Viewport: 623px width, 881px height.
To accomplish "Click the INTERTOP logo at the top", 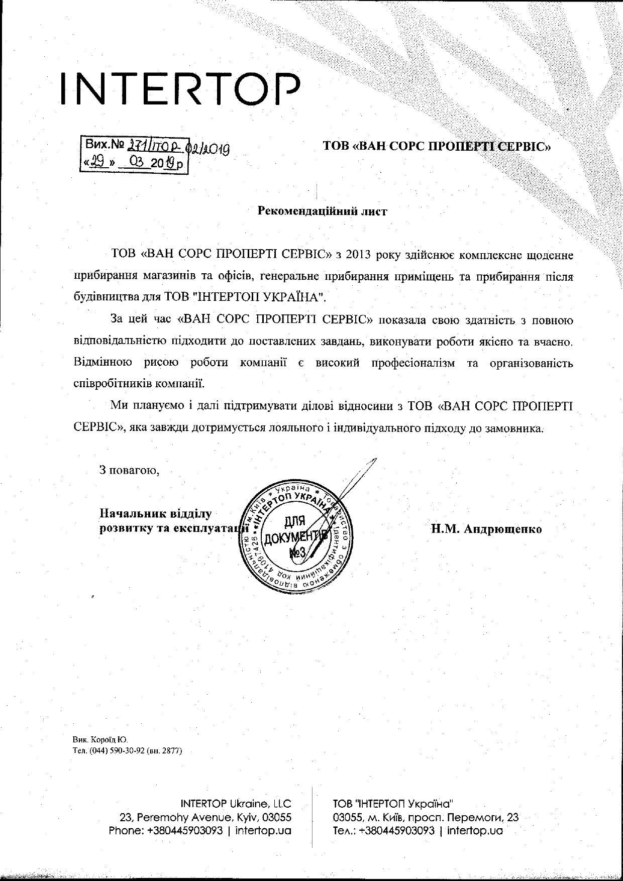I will (x=181, y=89).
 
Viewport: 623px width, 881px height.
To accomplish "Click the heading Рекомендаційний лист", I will (x=322, y=211).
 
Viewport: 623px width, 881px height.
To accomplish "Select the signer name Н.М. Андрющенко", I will (x=486, y=529).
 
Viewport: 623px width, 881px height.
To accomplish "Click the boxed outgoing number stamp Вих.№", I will (x=135, y=155).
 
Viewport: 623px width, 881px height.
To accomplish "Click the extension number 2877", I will (x=170, y=751).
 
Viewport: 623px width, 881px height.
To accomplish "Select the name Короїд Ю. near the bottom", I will (x=110, y=740).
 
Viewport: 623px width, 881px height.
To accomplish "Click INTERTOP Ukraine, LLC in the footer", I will (x=236, y=803).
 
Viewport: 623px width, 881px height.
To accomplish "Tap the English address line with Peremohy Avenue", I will (x=205, y=817).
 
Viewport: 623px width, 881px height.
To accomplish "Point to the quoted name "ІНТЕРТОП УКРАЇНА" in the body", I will (x=259, y=297).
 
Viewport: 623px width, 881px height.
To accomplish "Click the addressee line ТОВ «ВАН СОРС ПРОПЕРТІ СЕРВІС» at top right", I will (x=437, y=147).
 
